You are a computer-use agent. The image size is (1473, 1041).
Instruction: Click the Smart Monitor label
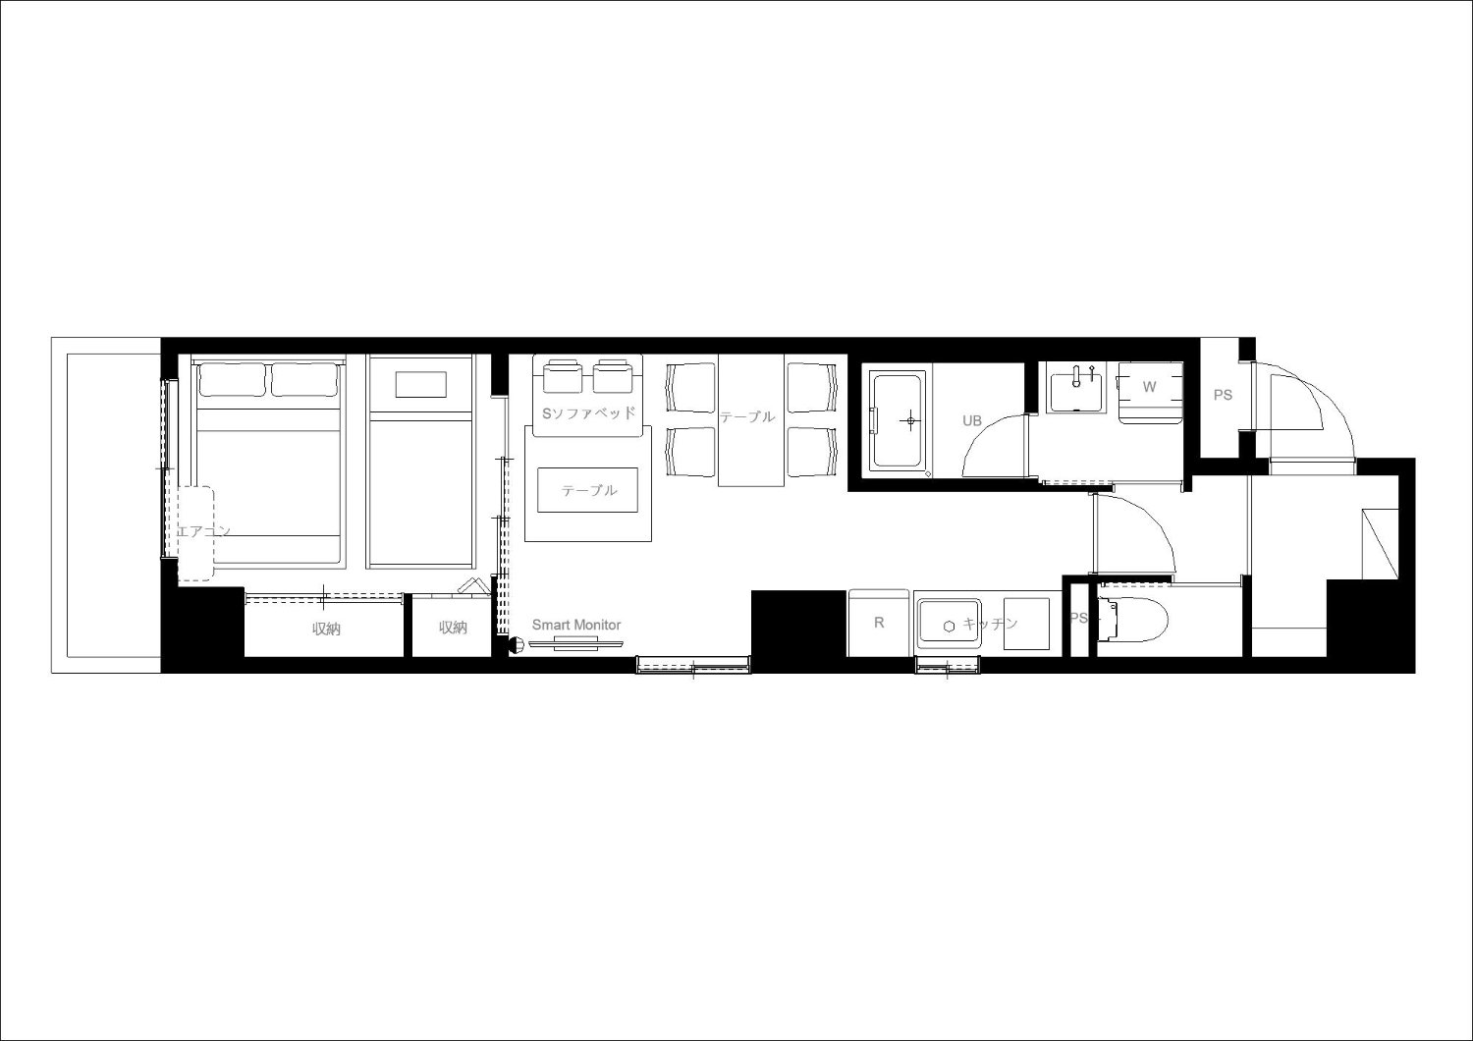pos(576,625)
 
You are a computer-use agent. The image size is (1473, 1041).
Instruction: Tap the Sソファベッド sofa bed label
pos(588,413)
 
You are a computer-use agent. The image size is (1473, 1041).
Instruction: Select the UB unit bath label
pos(972,420)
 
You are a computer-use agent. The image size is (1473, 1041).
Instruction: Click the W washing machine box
pos(1150,391)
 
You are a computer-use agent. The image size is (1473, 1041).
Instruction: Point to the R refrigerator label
pos(879,622)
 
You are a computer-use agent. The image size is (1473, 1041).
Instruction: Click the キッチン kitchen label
pos(990,623)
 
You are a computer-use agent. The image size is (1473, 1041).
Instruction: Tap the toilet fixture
pos(1131,619)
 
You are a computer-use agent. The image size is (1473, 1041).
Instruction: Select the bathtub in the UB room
pos(898,420)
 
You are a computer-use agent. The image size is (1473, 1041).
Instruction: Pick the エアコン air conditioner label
pos(203,530)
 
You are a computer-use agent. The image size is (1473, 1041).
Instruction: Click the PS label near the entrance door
pos(1223,395)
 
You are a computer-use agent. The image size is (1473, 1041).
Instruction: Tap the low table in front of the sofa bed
pos(588,490)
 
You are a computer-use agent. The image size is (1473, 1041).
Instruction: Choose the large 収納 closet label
pos(325,630)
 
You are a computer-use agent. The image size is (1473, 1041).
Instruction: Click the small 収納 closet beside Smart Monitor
pos(453,628)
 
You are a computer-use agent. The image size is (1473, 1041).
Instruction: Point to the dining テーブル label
pos(747,416)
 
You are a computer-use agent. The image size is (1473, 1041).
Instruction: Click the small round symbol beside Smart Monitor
pos(516,645)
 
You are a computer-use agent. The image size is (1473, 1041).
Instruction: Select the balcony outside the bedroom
pos(106,505)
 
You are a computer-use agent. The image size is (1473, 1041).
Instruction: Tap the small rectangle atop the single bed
pos(421,385)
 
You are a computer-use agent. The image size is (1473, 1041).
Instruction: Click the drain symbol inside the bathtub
pos(910,420)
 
